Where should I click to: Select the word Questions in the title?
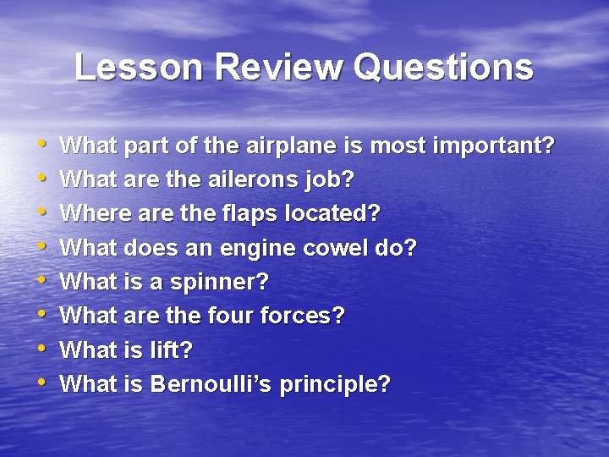pyautogui.click(x=444, y=67)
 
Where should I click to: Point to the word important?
pyautogui.click(x=494, y=146)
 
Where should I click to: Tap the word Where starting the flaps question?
pyautogui.click(x=93, y=214)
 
